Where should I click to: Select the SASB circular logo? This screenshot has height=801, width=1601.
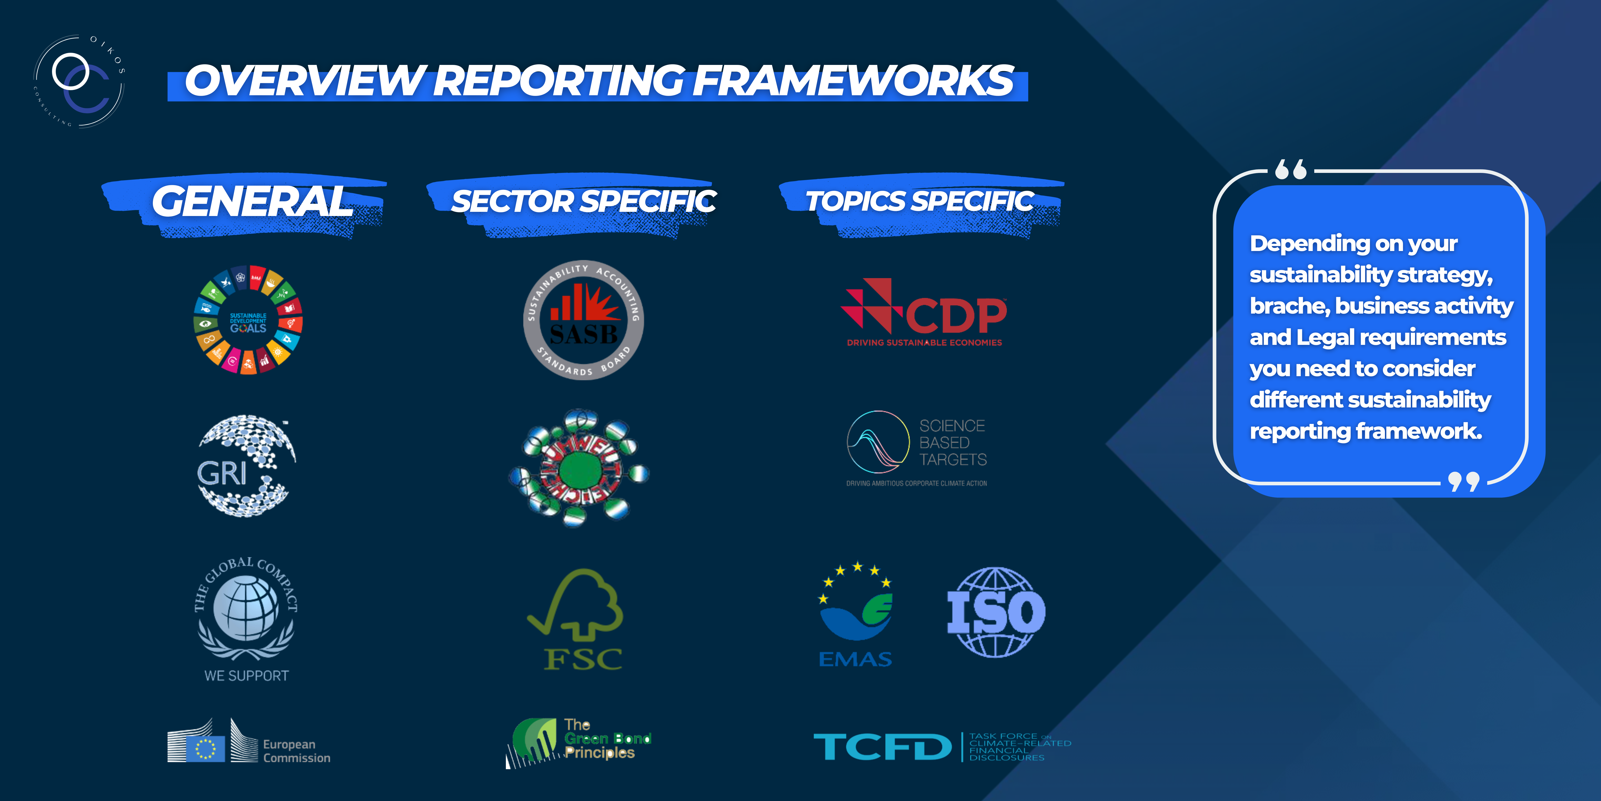584,320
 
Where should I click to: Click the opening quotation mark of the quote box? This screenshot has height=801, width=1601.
1291,169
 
